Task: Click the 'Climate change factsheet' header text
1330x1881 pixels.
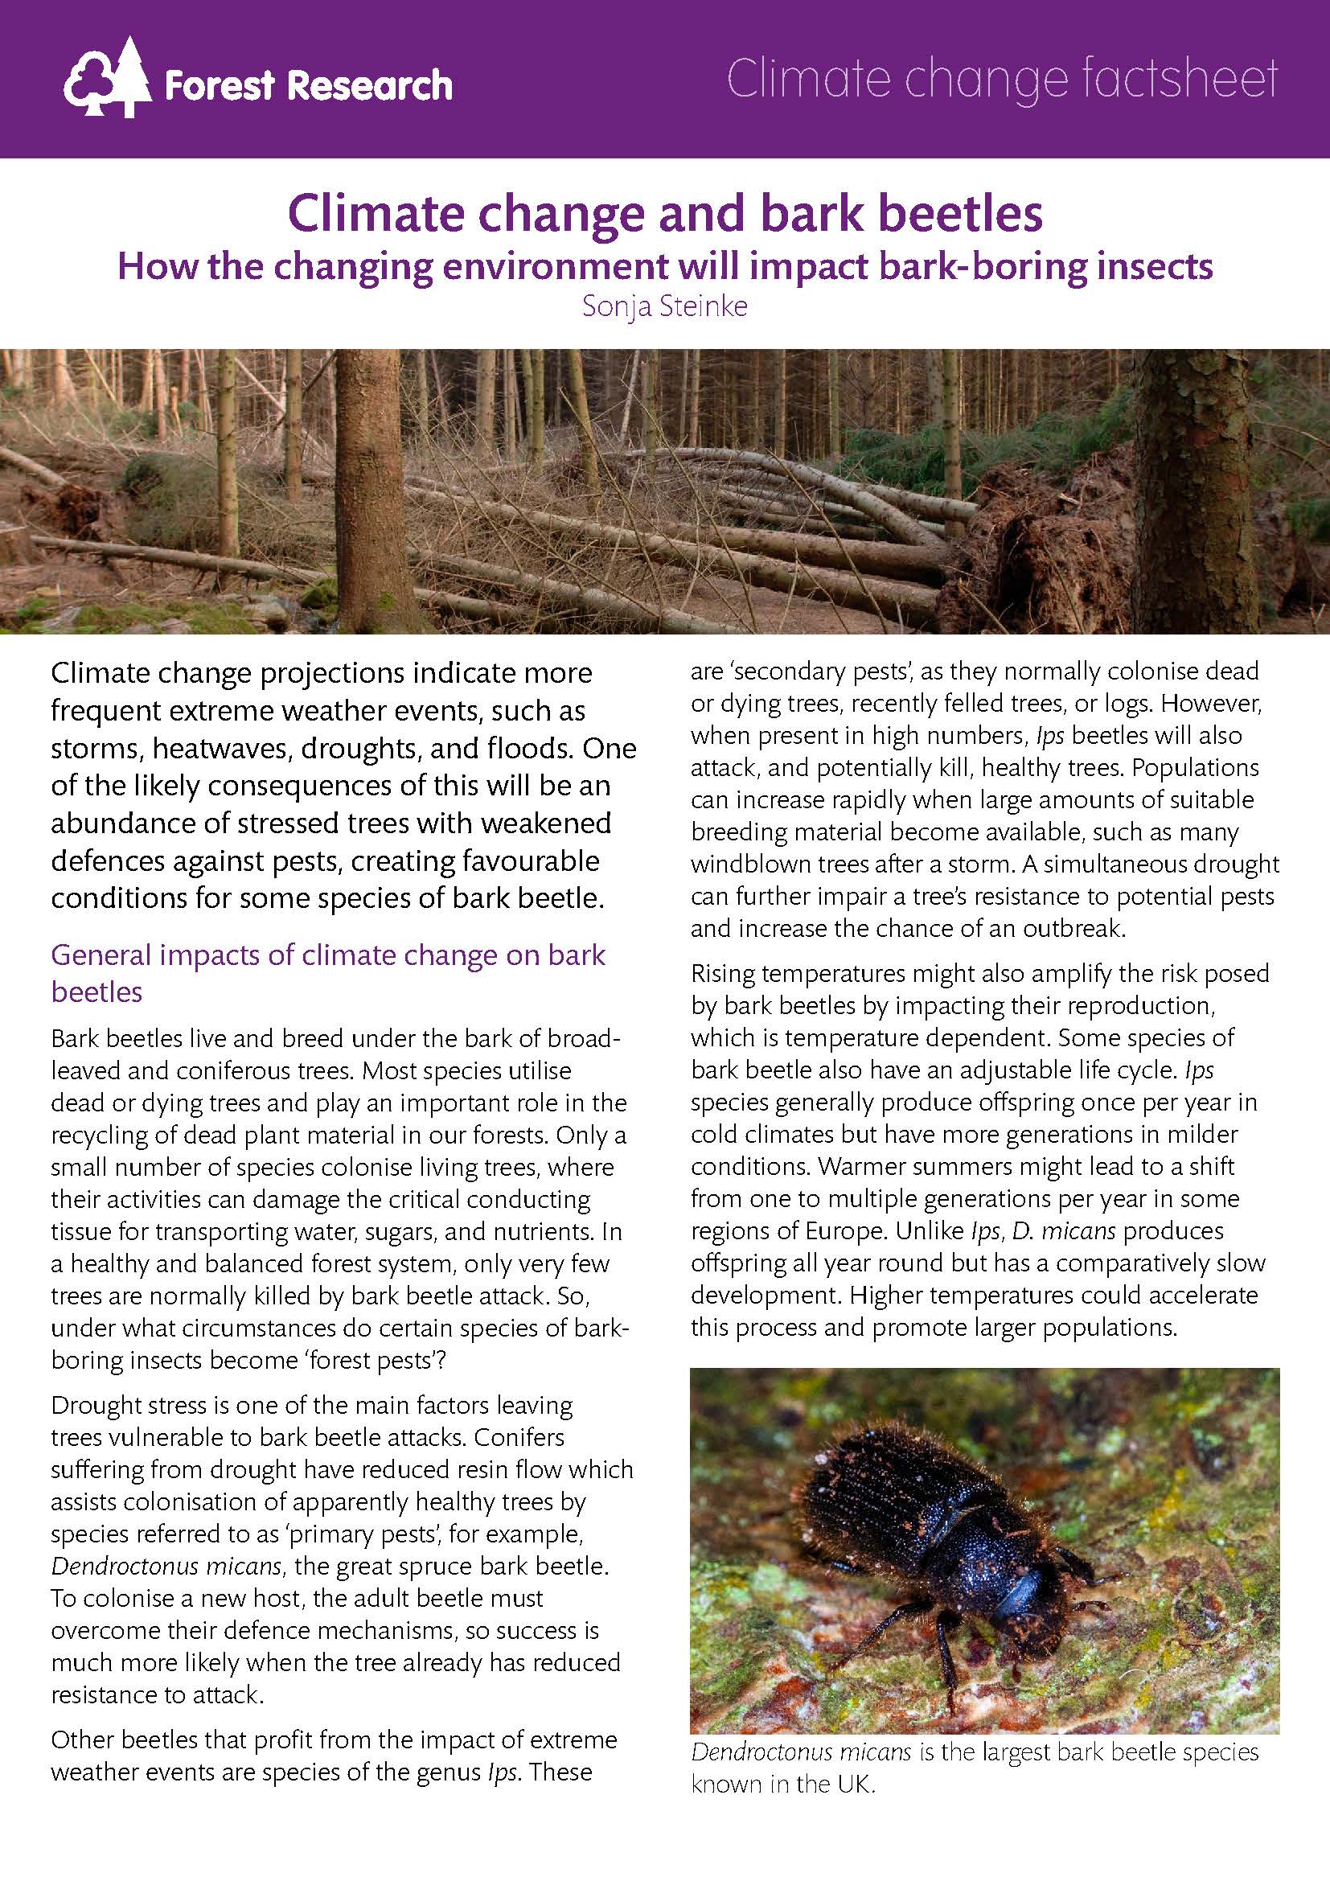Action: click(1002, 80)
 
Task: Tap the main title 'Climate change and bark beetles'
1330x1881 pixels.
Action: click(665, 214)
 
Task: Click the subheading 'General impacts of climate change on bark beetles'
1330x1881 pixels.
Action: click(327, 973)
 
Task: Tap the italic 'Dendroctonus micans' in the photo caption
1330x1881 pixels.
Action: click(801, 1752)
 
